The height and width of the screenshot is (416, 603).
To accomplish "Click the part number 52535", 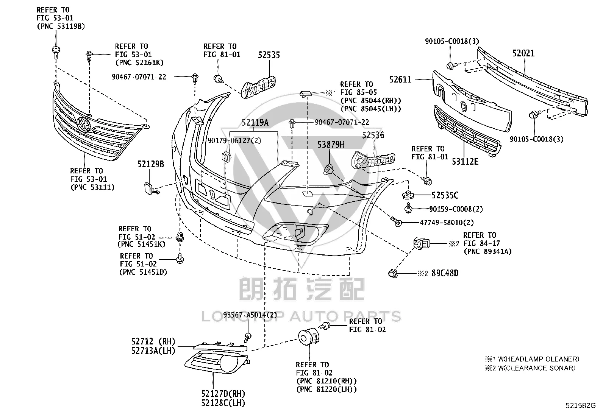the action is pos(269,55).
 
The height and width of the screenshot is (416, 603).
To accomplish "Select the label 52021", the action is pos(523,53).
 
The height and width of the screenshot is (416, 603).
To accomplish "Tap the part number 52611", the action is pos(400,79).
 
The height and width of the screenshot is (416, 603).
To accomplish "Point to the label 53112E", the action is pos(465,162).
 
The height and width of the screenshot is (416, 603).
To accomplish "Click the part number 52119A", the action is pos(255,123).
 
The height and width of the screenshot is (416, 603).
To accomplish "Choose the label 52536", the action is pos(373,135).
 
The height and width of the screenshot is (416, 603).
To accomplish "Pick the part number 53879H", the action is pos(331,145).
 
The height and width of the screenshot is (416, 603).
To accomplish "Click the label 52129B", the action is pos(151,164).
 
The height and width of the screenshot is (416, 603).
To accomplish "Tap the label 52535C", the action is pos(445,195).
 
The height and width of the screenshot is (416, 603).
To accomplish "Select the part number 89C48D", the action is pos(445,273).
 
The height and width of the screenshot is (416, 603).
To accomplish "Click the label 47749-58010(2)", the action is pos(447,223).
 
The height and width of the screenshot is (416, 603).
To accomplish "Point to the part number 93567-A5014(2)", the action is pos(250,315).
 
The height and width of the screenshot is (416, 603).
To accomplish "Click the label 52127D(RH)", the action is pos(223,394).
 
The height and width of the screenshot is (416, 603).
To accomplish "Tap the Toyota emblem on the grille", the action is pos(84,124).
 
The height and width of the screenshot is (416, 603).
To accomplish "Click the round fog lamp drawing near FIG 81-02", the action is pos(308,337).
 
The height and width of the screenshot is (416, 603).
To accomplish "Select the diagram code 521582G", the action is pos(580,405).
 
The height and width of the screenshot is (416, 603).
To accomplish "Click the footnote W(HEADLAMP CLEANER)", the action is pos(538,359).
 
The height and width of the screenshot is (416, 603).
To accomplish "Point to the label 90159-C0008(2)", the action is pos(456,209).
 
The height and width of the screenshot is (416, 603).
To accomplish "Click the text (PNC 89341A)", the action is pos(487,252).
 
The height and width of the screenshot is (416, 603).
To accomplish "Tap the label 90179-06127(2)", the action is pos(234,141).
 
